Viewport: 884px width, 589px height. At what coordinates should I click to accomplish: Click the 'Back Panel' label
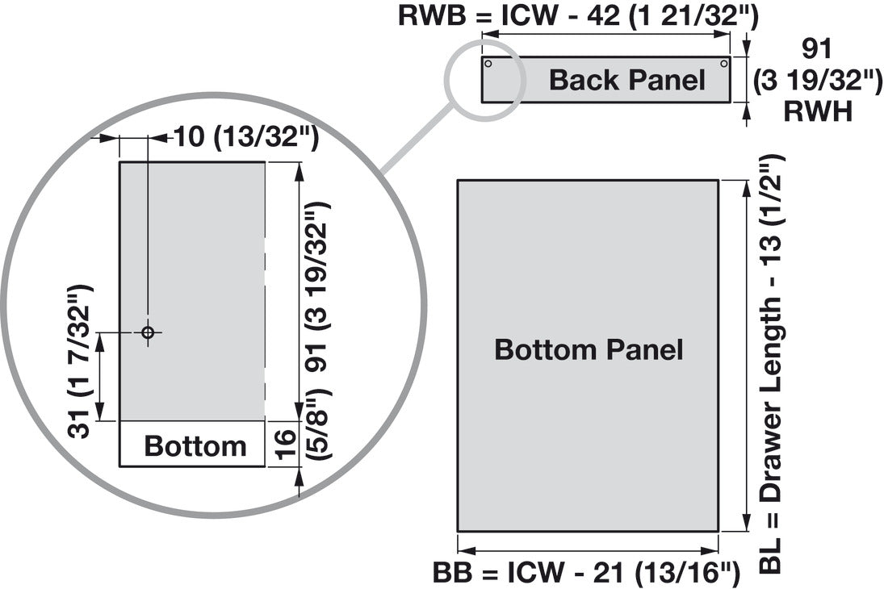627,80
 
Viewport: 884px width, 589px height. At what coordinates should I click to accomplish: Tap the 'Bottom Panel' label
589,349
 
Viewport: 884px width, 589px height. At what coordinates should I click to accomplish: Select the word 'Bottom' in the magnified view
195,446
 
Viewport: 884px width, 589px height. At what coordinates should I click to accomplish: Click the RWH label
818,111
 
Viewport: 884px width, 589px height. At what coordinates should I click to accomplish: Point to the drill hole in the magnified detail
148,332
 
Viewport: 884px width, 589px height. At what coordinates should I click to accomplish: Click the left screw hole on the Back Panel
488,64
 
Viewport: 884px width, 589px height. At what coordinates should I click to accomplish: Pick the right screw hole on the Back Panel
724,64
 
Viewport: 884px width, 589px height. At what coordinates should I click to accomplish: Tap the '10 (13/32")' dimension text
246,137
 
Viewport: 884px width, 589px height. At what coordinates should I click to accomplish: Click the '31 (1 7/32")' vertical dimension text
79,361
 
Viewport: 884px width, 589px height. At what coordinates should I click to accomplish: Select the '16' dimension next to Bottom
286,445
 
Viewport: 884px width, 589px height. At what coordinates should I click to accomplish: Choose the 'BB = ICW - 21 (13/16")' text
586,573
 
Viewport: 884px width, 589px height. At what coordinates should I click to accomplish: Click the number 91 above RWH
817,49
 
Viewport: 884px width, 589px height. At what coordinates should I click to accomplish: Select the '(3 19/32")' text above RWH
818,81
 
